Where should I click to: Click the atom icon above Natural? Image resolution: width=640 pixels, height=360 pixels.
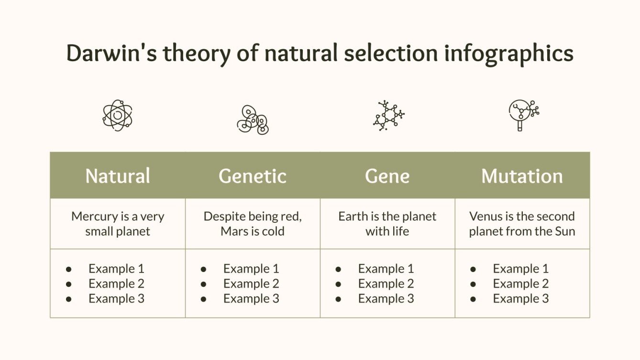tap(117, 115)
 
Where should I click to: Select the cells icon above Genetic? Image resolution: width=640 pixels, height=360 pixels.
tap(253, 120)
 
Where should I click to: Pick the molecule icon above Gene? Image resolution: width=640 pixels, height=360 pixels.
tap(388, 116)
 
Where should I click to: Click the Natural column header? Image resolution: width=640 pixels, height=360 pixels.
tap(118, 176)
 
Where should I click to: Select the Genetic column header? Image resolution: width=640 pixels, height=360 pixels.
tap(253, 176)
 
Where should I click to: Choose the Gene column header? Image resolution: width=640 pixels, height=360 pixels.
tap(387, 176)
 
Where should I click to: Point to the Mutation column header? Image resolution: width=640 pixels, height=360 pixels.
tap(522, 176)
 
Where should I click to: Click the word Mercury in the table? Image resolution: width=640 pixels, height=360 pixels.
tap(93, 217)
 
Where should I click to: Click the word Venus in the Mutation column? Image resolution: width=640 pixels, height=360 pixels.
tap(486, 217)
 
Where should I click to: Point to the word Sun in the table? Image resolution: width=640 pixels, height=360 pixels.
tap(565, 231)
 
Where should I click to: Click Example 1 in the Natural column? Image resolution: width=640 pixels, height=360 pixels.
tap(116, 269)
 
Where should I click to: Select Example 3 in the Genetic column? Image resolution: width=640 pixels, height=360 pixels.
tap(251, 299)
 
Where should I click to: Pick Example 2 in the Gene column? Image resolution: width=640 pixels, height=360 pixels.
tap(386, 284)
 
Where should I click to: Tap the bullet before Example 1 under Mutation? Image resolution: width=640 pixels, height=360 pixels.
tap(473, 269)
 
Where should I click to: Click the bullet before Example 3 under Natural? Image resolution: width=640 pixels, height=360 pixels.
tap(69, 299)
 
